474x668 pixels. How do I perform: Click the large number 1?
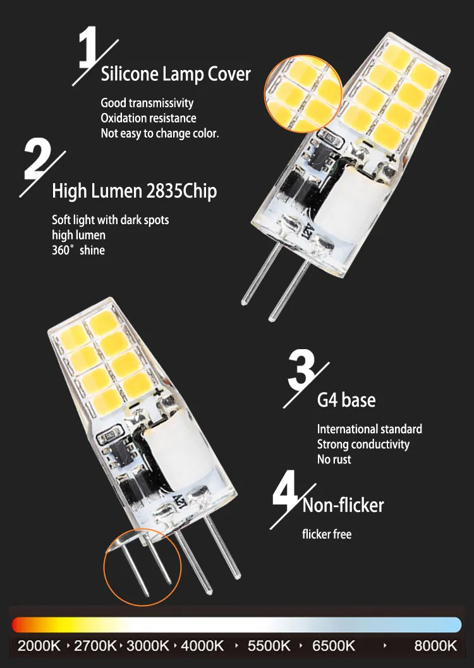[88, 47]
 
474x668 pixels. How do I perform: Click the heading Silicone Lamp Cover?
[176, 74]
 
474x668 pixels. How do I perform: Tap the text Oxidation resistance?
[149, 118]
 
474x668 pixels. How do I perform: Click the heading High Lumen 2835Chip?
[134, 191]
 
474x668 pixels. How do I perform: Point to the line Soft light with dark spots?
[111, 220]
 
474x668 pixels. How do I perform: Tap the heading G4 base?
[346, 400]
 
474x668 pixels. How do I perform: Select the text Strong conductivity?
[363, 444]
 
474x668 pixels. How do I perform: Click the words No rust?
[334, 459]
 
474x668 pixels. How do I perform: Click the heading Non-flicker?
[343, 505]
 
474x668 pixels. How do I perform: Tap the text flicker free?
[327, 534]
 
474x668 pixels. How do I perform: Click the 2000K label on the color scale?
[39, 646]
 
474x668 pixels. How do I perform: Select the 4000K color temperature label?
[202, 646]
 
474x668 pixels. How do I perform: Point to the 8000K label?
[435, 646]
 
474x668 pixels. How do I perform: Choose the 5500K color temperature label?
[269, 646]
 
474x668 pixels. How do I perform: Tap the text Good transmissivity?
[147, 103]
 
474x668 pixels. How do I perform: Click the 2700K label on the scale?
[95, 646]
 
